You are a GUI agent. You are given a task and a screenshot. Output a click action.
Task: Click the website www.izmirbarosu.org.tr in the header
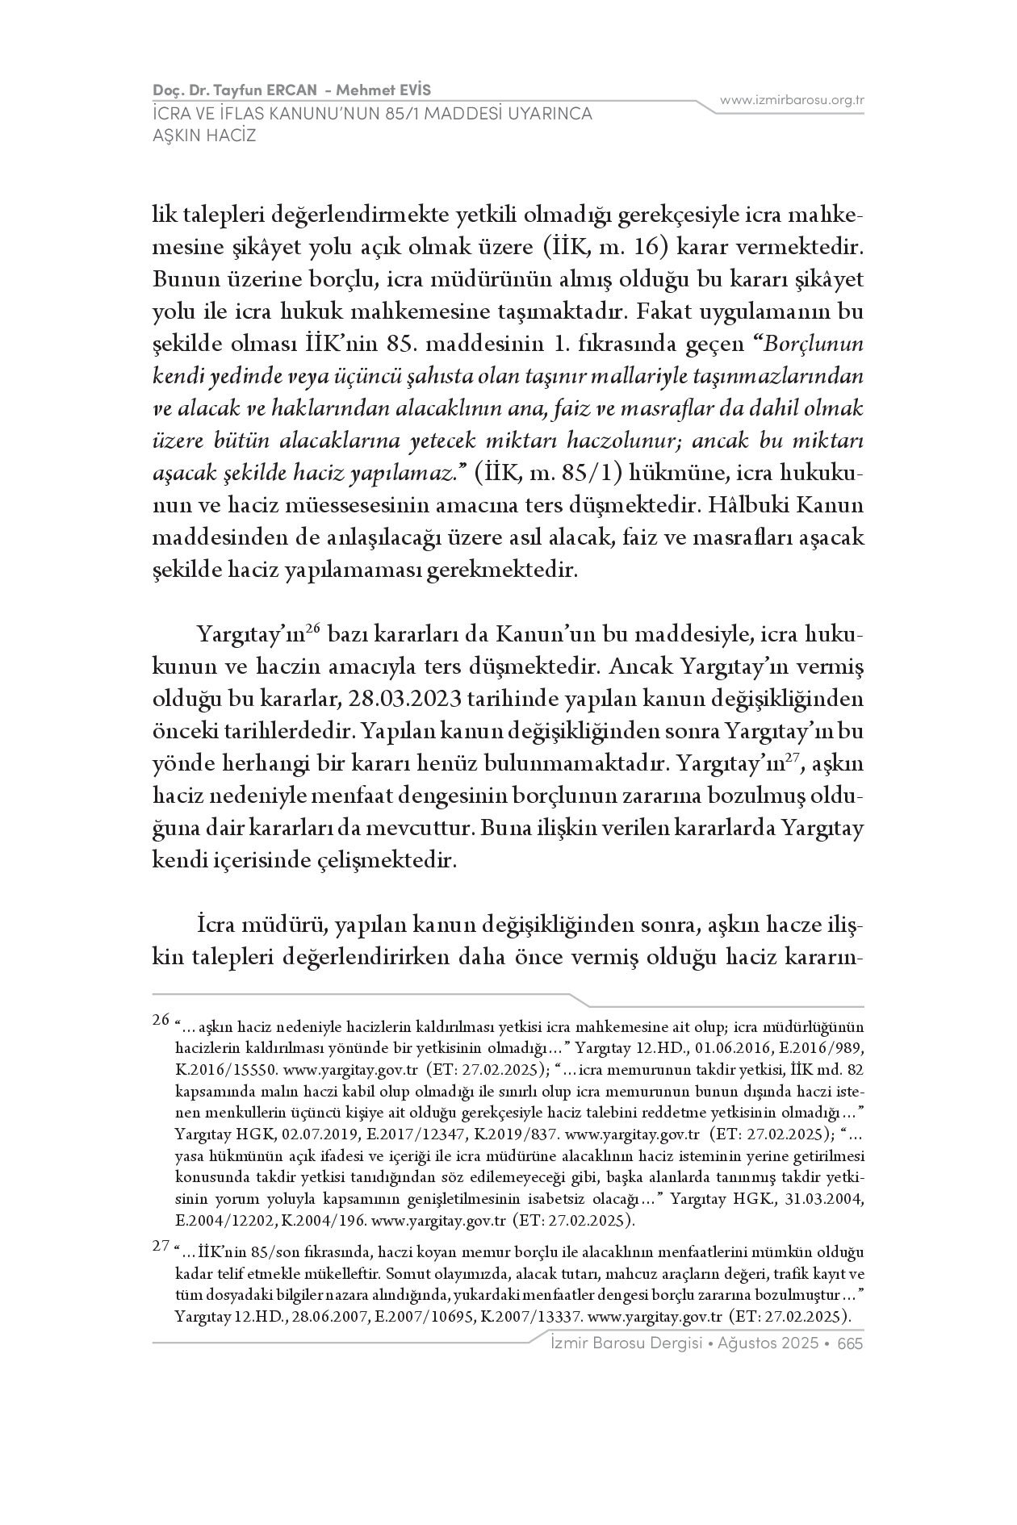(x=792, y=100)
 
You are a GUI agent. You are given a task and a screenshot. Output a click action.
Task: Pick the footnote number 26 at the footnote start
(x=161, y=1019)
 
